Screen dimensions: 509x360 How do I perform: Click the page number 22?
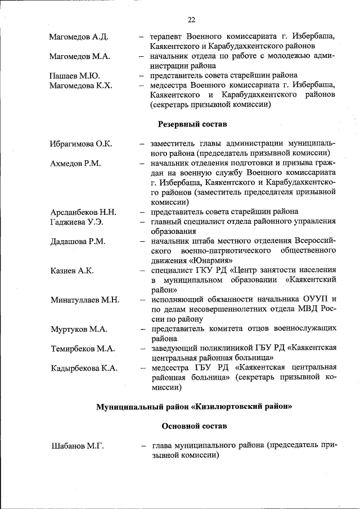point(191,20)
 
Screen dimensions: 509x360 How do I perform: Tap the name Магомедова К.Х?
point(80,85)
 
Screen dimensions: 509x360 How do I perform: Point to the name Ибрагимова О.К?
point(80,144)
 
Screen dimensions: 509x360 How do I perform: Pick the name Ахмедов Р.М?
point(75,164)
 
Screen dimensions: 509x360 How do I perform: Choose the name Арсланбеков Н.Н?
point(83,212)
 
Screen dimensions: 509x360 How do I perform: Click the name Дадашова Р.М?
point(77,241)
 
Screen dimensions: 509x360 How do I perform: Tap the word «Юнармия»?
point(210,260)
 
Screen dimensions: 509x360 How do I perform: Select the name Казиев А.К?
point(71,271)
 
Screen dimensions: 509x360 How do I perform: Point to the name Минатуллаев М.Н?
point(84,300)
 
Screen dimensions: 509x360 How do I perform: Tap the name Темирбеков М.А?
point(82,349)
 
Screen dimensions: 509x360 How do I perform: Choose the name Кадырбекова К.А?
point(83,368)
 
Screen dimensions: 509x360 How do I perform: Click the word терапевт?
point(168,37)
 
